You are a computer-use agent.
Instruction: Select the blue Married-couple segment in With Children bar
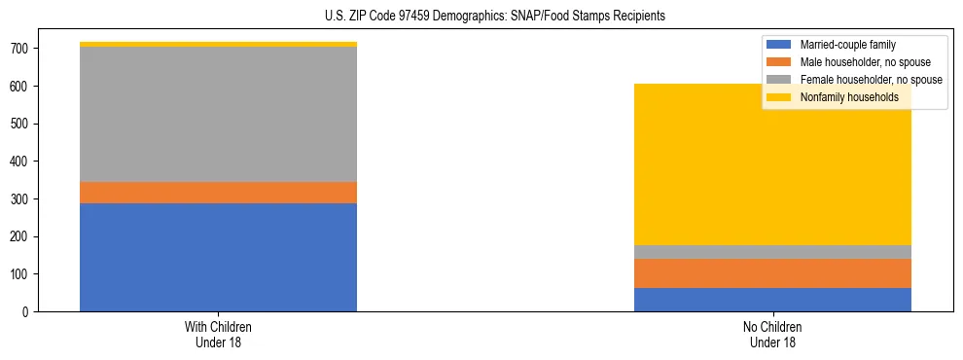point(218,257)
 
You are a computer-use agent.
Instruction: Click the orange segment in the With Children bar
point(218,193)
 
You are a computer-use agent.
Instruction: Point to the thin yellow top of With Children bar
point(218,44)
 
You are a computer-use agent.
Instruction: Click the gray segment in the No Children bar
point(772,252)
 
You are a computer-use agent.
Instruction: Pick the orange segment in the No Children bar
point(772,273)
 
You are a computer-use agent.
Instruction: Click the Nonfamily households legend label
point(849,97)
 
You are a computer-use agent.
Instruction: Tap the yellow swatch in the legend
point(779,97)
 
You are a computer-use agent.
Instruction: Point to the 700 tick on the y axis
point(21,49)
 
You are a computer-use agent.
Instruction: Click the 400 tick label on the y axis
point(21,162)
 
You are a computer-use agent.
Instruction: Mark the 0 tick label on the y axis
point(27,312)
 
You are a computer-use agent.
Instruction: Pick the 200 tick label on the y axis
point(21,236)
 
